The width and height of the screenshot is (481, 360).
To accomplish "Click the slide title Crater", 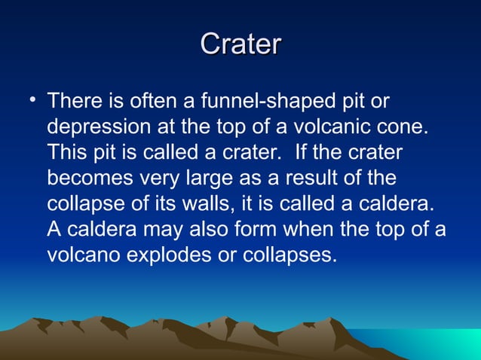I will tap(240, 44).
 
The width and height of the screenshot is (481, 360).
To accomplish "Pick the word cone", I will tap(404, 127).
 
